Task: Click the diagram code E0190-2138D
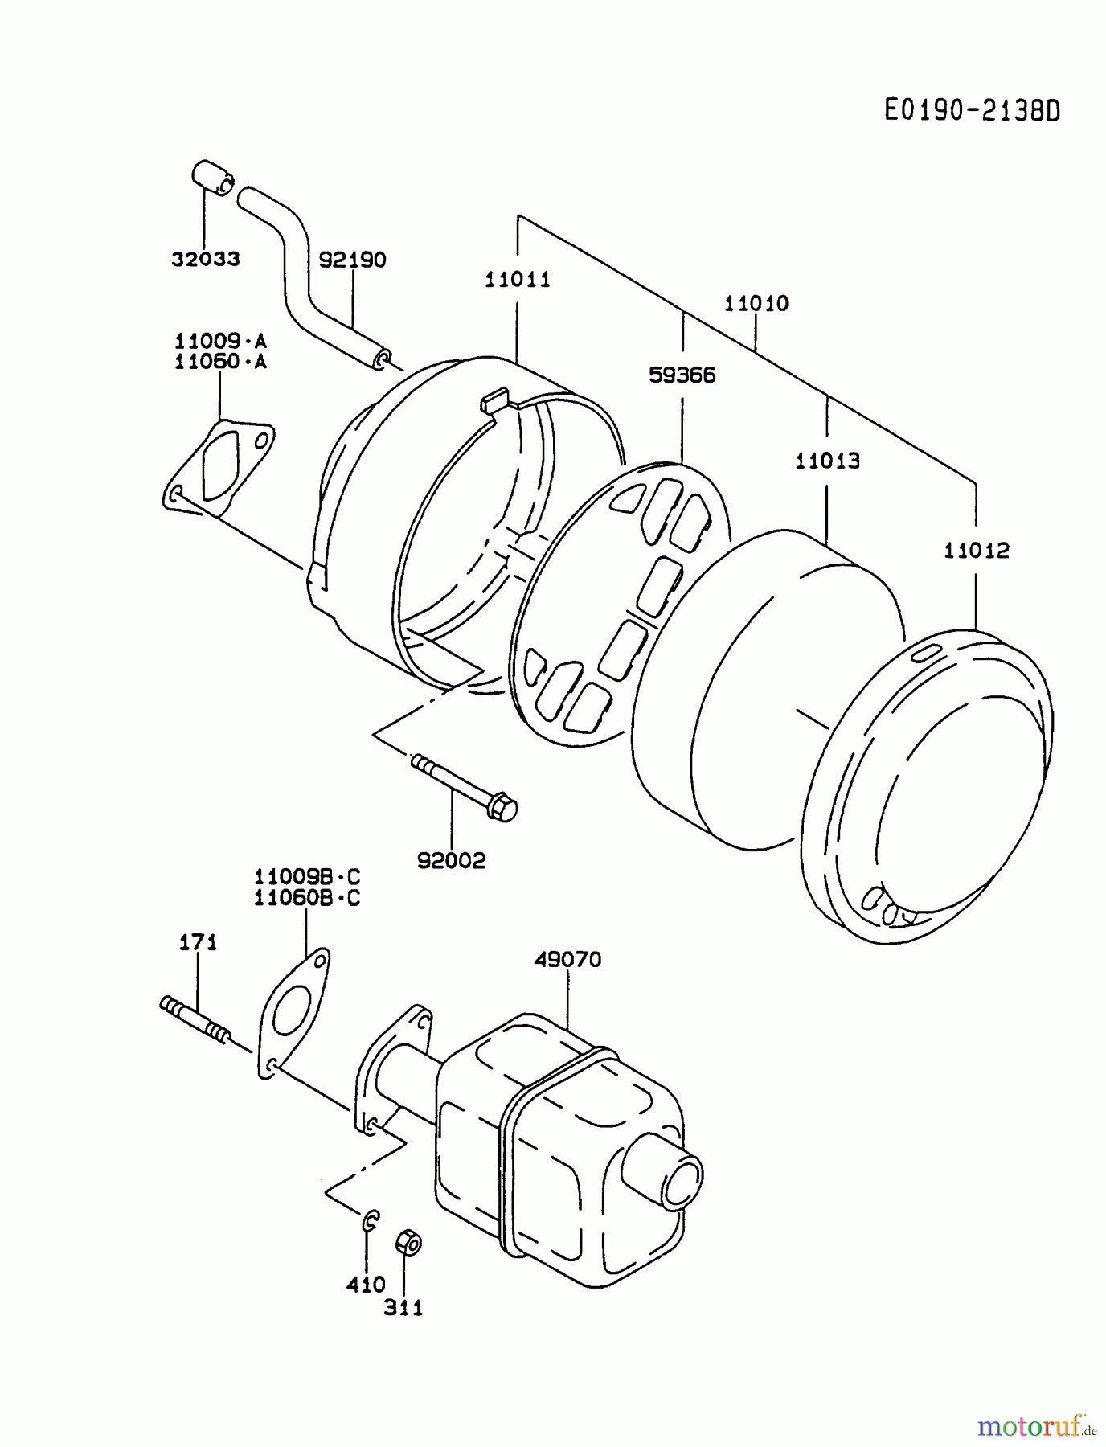click(972, 111)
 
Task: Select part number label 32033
click(205, 259)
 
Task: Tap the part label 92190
click(352, 260)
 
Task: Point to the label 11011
click(518, 280)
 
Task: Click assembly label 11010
click(756, 304)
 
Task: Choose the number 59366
click(682, 375)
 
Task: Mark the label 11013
click(827, 461)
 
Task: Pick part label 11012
click(976, 551)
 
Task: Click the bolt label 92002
click(452, 861)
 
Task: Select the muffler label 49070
click(567, 959)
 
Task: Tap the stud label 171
click(198, 942)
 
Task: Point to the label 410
click(366, 1285)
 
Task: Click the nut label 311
click(403, 1308)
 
